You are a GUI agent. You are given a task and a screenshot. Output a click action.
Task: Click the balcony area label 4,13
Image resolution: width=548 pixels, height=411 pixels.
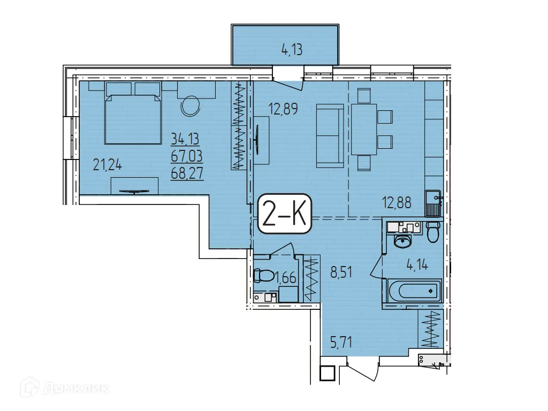pyautogui.click(x=292, y=50)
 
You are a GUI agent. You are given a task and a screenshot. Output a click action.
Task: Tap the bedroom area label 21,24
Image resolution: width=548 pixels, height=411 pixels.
pyautogui.click(x=107, y=165)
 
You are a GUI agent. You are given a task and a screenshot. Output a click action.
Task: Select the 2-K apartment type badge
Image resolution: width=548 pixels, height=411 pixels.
pyautogui.click(x=285, y=214)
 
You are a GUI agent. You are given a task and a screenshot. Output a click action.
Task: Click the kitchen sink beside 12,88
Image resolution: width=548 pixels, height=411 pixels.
pyautogui.click(x=433, y=203)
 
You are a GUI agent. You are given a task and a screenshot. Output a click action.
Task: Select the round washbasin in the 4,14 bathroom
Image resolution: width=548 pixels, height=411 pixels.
pyautogui.click(x=403, y=241)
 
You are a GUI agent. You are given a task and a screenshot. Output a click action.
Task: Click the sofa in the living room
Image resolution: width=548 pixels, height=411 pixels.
pyautogui.click(x=330, y=136)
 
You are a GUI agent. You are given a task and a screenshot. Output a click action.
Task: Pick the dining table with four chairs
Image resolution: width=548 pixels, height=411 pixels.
pyautogui.click(x=371, y=130)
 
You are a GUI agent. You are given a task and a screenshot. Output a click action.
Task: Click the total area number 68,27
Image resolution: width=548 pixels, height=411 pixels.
pyautogui.click(x=187, y=173)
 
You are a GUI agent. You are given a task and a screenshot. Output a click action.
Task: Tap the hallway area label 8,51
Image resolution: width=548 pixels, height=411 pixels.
pyautogui.click(x=341, y=272)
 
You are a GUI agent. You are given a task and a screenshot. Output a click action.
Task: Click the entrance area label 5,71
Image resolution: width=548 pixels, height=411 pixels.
pyautogui.click(x=341, y=342)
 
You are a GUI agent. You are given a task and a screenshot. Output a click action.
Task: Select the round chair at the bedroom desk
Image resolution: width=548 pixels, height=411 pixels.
pyautogui.click(x=191, y=106)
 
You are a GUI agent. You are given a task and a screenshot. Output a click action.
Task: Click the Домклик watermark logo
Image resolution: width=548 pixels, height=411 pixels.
pyautogui.click(x=64, y=387)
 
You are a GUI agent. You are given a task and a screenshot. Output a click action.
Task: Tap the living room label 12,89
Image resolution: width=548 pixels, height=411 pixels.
pyautogui.click(x=283, y=109)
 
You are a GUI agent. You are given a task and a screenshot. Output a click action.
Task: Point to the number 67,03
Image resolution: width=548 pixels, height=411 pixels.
pyautogui.click(x=187, y=156)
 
